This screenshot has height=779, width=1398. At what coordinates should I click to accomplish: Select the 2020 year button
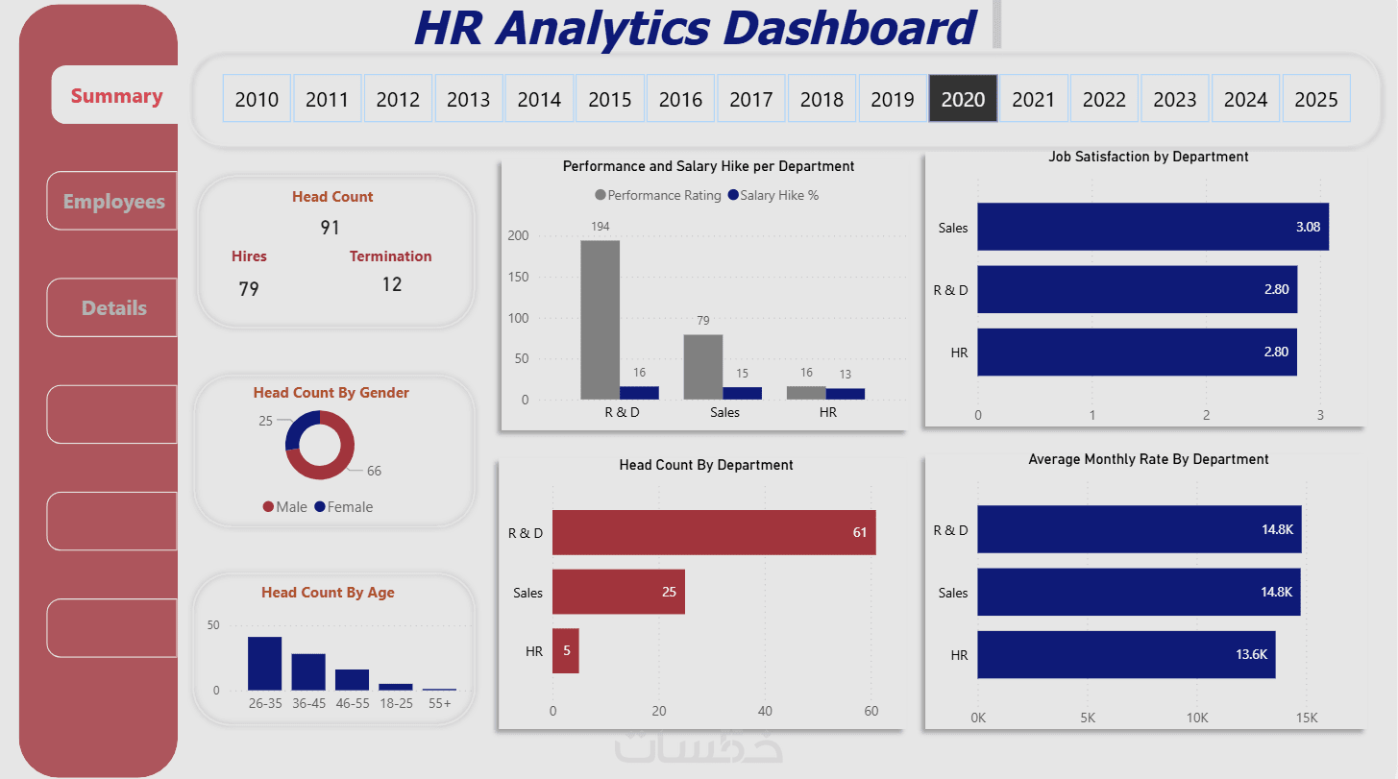coord(963,99)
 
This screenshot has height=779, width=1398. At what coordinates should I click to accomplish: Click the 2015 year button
coord(610,99)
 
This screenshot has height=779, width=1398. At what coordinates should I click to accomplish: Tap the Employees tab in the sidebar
coord(113,202)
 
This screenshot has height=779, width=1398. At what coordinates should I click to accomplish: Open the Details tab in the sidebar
coord(113,308)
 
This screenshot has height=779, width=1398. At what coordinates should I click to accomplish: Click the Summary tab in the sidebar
coord(116,96)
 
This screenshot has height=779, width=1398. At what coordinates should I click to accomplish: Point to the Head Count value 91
coord(330,228)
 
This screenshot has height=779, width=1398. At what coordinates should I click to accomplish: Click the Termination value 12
coord(391,284)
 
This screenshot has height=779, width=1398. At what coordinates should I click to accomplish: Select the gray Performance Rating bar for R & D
coord(600,319)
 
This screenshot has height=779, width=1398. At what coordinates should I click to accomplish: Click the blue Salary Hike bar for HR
coord(845,393)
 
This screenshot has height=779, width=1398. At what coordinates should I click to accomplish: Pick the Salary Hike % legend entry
coord(773,195)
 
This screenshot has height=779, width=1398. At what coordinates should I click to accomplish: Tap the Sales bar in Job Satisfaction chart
coord(1152,227)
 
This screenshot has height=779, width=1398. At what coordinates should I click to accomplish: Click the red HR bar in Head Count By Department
coord(565,650)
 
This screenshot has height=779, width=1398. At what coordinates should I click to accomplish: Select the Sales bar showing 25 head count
coord(618,592)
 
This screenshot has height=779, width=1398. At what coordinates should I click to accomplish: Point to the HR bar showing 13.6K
coord(1125,654)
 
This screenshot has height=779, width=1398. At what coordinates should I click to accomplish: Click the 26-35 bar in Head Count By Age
coord(264,663)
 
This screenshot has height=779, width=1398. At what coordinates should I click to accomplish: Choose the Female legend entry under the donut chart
coord(343,506)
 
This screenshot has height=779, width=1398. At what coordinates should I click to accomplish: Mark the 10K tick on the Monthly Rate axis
coord(1197,718)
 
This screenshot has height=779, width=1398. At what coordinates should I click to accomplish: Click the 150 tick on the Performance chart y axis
coord(518,277)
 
